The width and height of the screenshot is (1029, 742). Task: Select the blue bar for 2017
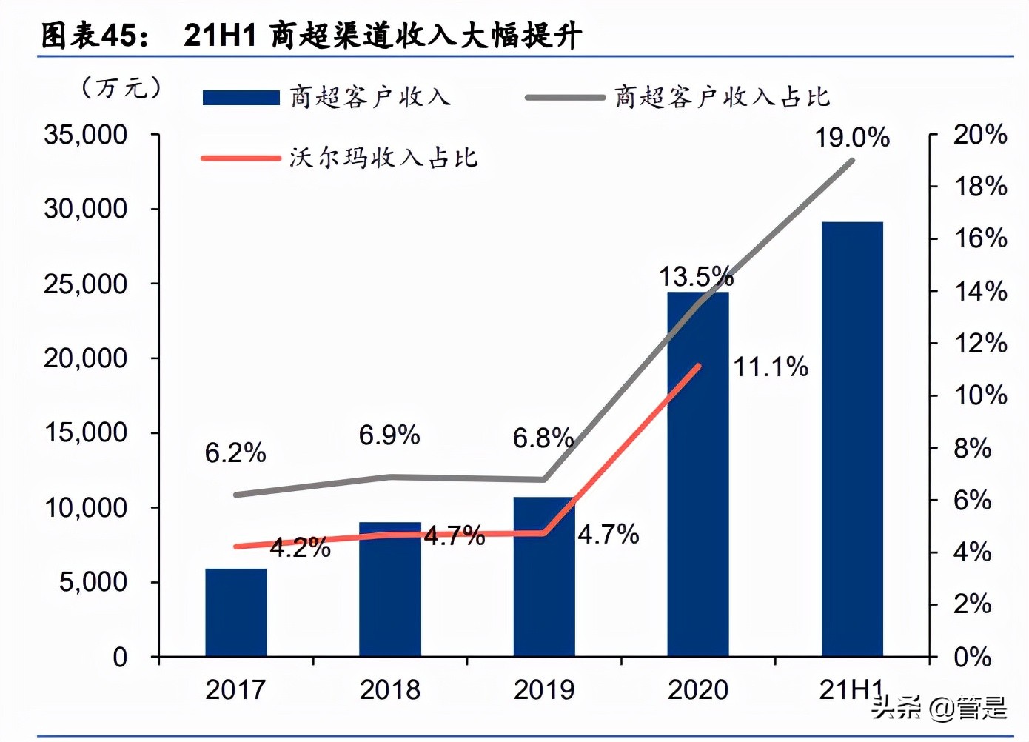pos(236,612)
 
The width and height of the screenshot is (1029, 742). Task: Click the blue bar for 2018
pos(390,592)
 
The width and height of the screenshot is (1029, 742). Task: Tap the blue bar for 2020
pos(698,474)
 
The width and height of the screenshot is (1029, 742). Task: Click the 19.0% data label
pos(852,138)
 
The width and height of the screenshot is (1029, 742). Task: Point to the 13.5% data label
pos(696,277)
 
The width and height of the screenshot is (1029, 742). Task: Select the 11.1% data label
pos(771,367)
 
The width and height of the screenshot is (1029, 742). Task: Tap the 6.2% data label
pos(235,452)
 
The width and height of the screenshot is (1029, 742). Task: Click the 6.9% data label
pos(389,435)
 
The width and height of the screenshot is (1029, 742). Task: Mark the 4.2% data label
pos(300,548)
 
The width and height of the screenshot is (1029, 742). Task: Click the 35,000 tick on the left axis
pos(86,135)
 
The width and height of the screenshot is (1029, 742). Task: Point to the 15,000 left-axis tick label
pos(86,432)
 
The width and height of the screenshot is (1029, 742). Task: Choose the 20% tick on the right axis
pos(979,135)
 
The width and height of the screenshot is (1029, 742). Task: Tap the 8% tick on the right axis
pos(972,448)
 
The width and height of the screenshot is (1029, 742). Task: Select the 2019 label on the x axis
pos(544,690)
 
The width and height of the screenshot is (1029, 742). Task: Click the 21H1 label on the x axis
pos(851,690)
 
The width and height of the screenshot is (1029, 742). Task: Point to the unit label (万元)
pos(121,88)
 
